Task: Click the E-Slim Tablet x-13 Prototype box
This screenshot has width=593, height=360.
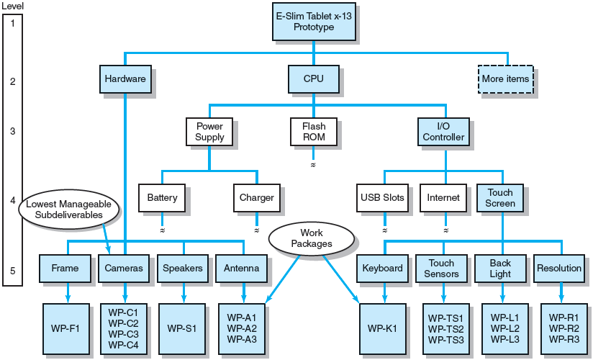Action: (313, 22)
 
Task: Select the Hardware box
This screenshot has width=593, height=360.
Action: (125, 79)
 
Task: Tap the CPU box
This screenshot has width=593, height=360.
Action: (313, 79)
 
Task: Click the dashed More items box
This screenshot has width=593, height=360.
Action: (505, 79)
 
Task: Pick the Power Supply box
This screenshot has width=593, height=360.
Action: (209, 131)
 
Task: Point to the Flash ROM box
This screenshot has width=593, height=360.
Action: (313, 131)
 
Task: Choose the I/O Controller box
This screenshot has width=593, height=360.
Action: (443, 131)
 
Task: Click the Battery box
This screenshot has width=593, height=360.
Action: (161, 197)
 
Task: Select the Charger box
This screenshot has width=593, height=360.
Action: (256, 197)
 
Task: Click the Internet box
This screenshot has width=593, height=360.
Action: (443, 197)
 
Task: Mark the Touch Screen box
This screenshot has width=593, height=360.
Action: (500, 198)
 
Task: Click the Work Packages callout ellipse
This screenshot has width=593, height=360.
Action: (312, 238)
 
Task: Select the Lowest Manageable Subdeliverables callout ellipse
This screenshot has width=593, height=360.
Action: (68, 210)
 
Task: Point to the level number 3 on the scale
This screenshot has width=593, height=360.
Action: (12, 132)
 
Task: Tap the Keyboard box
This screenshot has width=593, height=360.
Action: (382, 269)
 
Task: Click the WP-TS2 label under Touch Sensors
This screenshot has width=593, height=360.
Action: (445, 328)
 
